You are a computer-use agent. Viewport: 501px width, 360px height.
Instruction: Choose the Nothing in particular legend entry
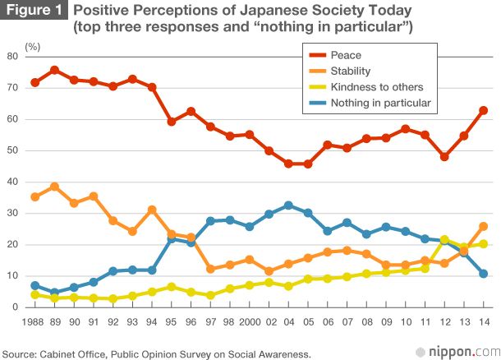click(379, 103)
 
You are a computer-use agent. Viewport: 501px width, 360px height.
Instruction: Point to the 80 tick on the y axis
click(12, 56)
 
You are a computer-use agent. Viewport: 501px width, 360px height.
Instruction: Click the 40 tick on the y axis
click(12, 182)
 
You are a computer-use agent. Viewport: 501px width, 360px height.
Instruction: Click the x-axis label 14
click(483, 323)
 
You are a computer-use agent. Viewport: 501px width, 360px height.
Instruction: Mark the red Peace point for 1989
click(55, 70)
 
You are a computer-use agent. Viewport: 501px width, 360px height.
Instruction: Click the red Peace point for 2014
click(483, 110)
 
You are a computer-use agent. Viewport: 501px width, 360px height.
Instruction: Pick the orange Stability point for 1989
click(55, 187)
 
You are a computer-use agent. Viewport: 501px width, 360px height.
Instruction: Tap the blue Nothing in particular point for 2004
click(288, 205)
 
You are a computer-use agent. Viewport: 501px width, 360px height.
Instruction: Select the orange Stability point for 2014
click(483, 226)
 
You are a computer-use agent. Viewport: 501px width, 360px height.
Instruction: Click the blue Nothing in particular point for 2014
click(483, 274)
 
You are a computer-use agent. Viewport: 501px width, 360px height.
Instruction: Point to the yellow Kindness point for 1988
click(34, 294)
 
